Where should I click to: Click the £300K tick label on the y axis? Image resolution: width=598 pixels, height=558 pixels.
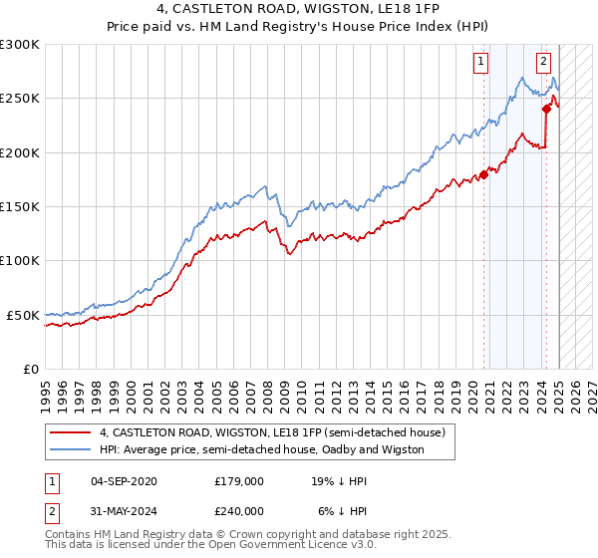(x=20, y=45)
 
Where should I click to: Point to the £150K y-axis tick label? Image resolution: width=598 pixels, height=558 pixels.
(x=20, y=207)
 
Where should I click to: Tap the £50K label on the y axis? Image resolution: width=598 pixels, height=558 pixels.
(x=24, y=315)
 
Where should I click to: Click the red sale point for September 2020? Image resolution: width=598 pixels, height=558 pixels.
(x=484, y=174)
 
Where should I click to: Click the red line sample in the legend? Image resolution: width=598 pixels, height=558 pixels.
(x=71, y=432)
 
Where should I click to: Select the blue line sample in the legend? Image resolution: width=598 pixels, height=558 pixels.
(x=71, y=449)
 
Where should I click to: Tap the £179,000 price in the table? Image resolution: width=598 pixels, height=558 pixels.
(x=239, y=480)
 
